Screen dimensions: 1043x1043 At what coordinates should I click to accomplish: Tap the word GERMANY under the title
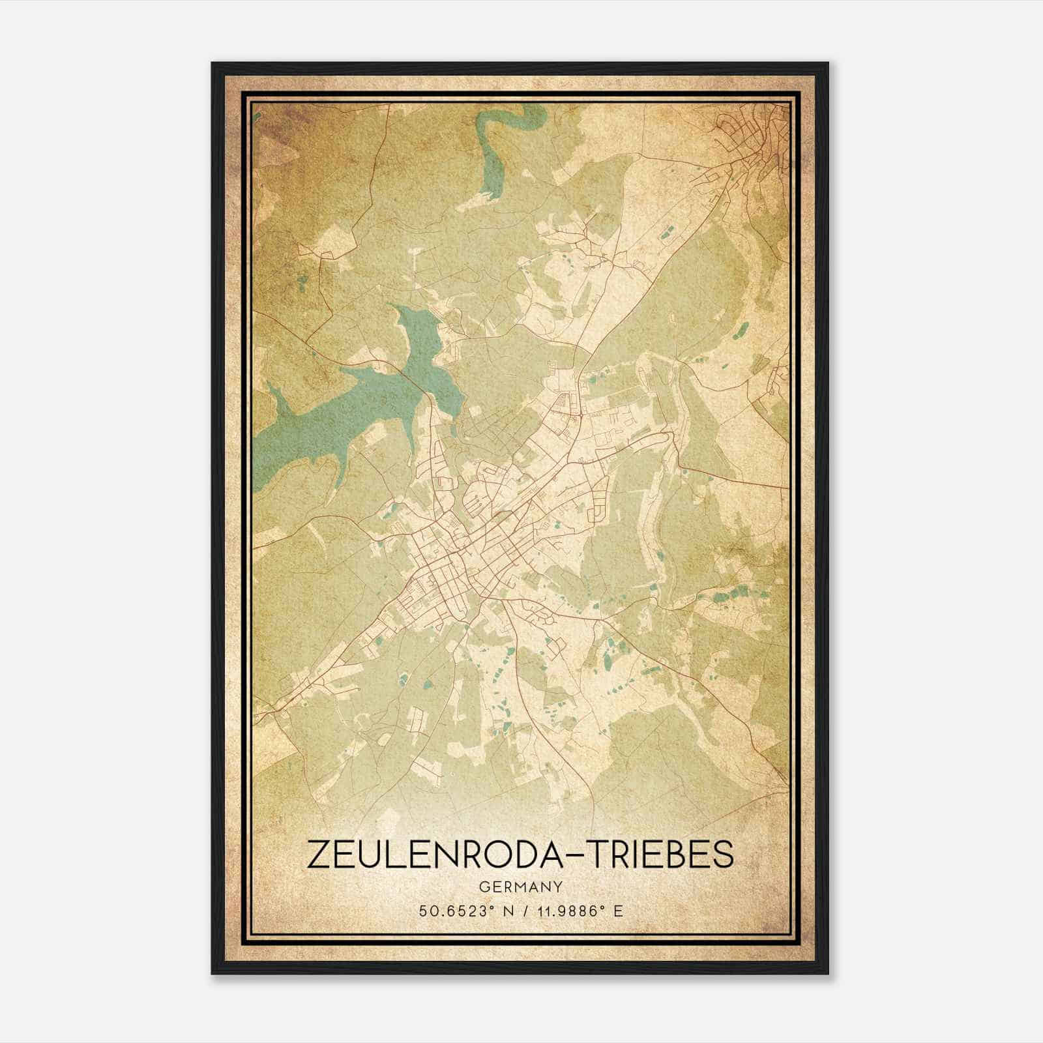tap(521, 887)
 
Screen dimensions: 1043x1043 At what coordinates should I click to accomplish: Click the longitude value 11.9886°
tap(563, 911)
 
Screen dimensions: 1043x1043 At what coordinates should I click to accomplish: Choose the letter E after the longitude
tap(618, 911)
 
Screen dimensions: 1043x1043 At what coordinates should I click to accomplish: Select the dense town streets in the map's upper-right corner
tap(756, 137)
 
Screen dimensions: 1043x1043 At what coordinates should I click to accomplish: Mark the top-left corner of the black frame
tap(213, 64)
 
